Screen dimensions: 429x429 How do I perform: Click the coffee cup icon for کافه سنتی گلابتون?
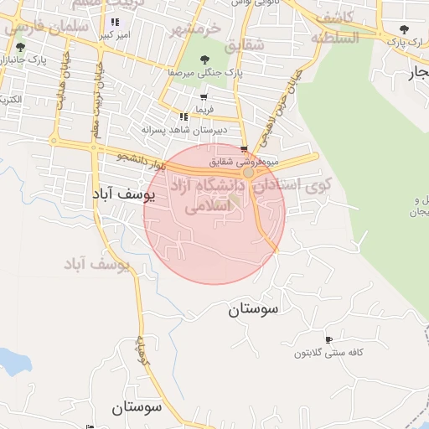coord(329,339)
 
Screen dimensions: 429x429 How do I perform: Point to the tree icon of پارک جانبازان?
coord(20,47)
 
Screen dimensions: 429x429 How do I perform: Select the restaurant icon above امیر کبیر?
coord(114,22)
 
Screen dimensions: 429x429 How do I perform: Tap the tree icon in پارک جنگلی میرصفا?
coord(205,59)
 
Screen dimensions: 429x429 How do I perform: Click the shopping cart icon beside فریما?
coord(183,116)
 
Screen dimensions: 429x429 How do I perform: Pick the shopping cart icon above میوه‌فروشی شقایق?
coord(244,148)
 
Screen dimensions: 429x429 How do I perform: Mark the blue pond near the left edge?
coord(12,361)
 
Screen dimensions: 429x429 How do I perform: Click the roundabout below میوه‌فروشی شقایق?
coord(248,172)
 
